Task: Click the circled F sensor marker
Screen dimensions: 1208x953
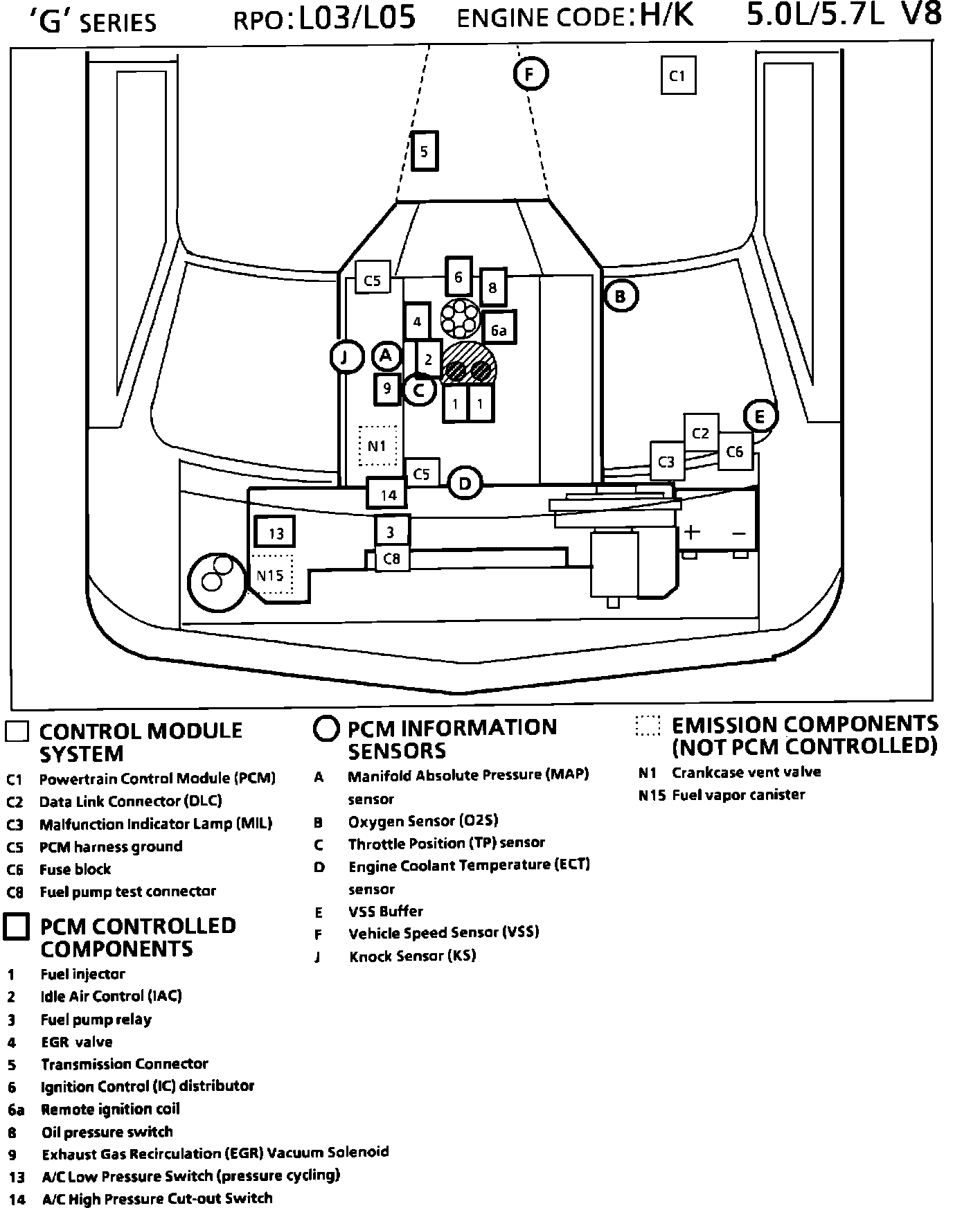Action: pyautogui.click(x=531, y=73)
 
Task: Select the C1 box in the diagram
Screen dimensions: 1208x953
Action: pyautogui.click(x=677, y=75)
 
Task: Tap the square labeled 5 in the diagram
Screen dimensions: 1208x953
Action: pyautogui.click(x=425, y=151)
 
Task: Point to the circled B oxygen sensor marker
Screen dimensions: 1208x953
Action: pyautogui.click(x=621, y=296)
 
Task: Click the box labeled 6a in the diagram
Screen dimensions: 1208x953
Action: pyautogui.click(x=499, y=330)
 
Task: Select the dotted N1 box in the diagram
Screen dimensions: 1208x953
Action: pyautogui.click(x=377, y=445)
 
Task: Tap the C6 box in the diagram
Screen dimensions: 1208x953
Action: pyautogui.click(x=734, y=452)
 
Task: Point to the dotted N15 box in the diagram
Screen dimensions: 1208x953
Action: pyautogui.click(x=271, y=575)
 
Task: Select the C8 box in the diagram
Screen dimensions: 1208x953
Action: pyautogui.click(x=391, y=558)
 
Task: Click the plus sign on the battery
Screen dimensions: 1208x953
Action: pyautogui.click(x=692, y=532)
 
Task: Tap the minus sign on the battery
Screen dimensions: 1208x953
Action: pyautogui.click(x=738, y=533)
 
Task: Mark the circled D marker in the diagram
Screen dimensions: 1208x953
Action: pyautogui.click(x=465, y=483)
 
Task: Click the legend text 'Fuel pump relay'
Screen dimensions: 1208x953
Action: pyautogui.click(x=96, y=1019)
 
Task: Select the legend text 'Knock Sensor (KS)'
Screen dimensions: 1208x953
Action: pyautogui.click(x=412, y=957)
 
